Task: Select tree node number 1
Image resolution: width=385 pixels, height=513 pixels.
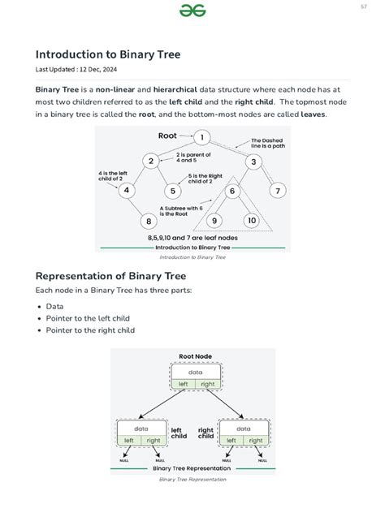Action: coord(201,136)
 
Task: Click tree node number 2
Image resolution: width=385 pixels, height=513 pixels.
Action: coord(151,161)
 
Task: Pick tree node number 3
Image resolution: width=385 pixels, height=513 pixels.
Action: coord(253,162)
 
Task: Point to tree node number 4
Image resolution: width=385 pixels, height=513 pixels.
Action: coord(127,191)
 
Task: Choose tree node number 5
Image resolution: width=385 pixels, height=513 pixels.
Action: coord(173,192)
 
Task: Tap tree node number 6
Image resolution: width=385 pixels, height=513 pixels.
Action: coord(231,192)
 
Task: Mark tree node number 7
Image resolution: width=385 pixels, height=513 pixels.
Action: coord(278,191)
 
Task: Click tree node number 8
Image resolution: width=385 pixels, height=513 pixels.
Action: coord(149,221)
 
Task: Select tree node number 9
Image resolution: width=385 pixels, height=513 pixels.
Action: coord(215,221)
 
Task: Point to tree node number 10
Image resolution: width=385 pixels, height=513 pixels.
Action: coord(252,221)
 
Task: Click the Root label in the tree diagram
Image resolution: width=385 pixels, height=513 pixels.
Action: coord(167,136)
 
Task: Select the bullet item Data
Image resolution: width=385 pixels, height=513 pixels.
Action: coord(54,307)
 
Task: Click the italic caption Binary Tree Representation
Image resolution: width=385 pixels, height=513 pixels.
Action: coord(192,479)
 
